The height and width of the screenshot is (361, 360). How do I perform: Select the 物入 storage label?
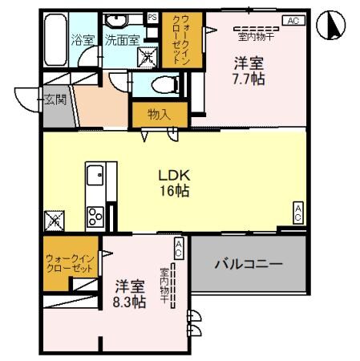tap(160, 115)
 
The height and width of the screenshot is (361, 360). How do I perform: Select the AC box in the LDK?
tap(297, 212)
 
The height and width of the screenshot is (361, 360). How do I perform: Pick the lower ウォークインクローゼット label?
tap(70, 262)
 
